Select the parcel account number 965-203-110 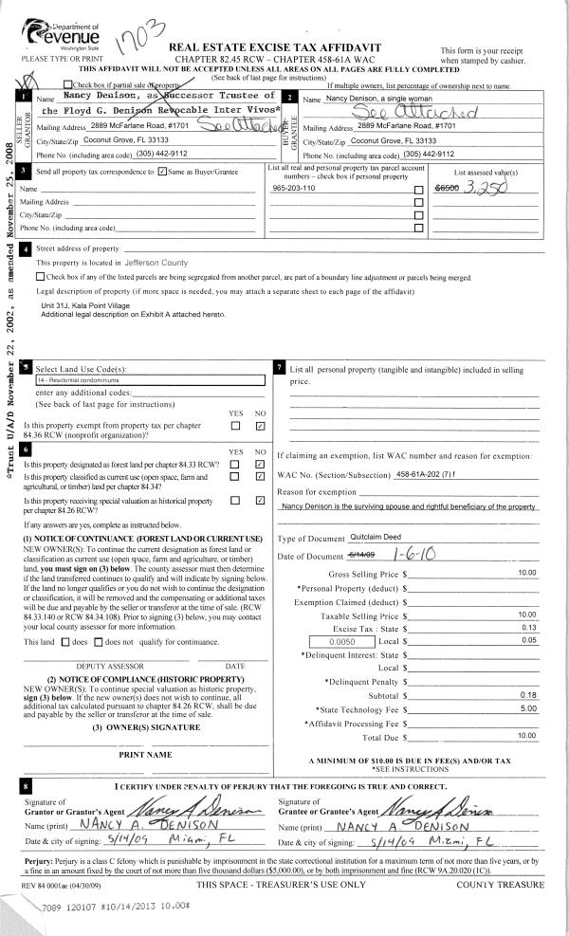[x=294, y=190]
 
